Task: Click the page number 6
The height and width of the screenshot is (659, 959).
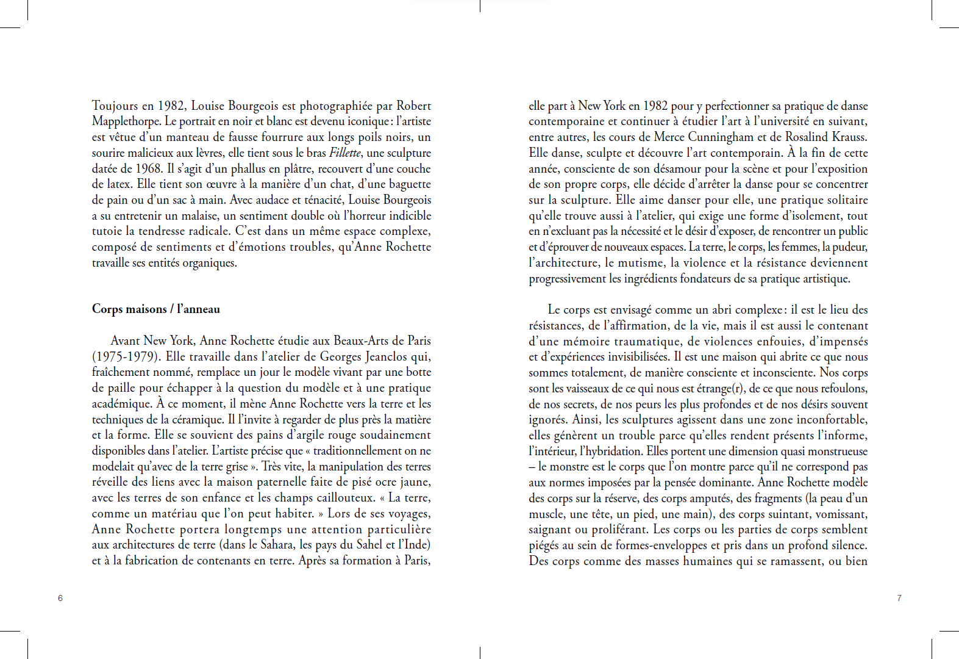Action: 60,598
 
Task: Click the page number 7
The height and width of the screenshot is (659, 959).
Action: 899,598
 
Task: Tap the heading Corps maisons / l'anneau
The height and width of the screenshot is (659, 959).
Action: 156,309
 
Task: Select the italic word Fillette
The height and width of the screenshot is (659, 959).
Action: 345,153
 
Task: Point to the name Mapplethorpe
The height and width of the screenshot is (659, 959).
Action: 126,121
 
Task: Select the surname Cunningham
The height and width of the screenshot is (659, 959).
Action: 721,137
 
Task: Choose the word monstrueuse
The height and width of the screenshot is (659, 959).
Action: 836,451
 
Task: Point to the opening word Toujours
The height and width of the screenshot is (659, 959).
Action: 115,106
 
